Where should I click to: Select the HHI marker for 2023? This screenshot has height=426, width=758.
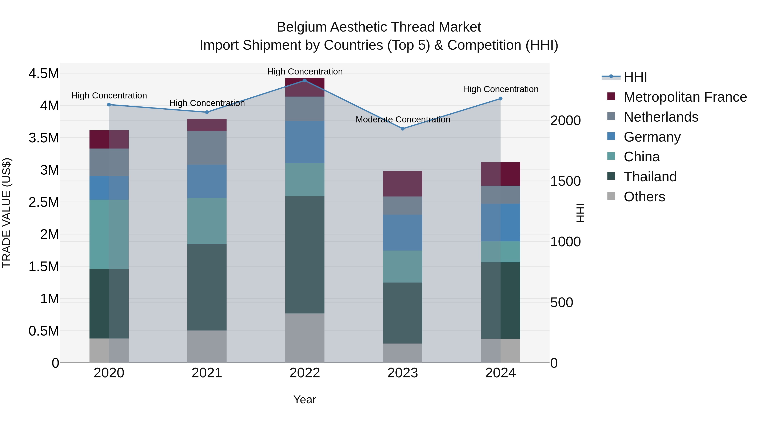point(403,129)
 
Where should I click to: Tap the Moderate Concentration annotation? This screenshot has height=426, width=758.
point(403,120)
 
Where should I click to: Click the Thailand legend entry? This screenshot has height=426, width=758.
point(650,177)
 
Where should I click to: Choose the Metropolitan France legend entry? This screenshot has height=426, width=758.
point(685,97)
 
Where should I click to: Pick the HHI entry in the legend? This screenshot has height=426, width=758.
point(635,77)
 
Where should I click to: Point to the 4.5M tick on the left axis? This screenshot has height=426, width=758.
point(44,73)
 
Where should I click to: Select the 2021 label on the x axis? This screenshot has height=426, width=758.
point(207,373)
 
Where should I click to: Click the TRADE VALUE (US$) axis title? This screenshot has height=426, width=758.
point(7,213)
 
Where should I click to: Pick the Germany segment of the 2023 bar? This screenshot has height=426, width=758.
point(403,232)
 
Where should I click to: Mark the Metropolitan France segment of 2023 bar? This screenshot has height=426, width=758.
point(403,183)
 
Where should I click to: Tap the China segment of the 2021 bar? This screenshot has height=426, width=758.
point(207,221)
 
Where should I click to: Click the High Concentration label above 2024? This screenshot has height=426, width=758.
point(500,89)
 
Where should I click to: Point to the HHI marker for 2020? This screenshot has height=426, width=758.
point(109,105)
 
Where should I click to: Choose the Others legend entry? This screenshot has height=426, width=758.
point(644,197)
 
